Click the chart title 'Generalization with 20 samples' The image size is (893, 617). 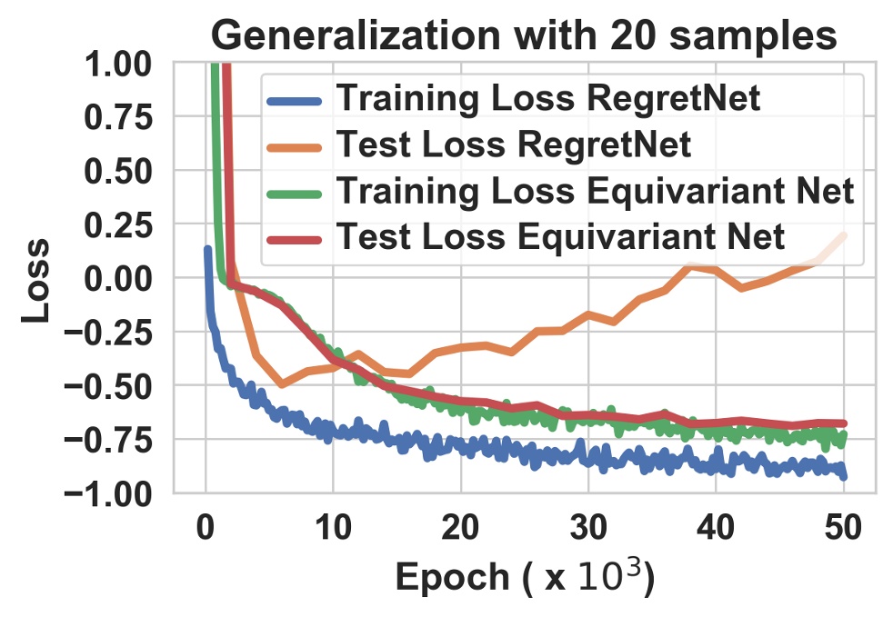tap(524, 35)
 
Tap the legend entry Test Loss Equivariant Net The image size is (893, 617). tap(560, 237)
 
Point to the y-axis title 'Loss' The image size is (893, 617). tap(36, 279)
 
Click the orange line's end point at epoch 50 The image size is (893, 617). tap(845, 235)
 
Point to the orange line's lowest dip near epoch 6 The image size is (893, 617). tap(282, 384)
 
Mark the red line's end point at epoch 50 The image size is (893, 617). tap(845, 423)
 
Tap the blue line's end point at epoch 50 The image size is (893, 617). tap(845, 476)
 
